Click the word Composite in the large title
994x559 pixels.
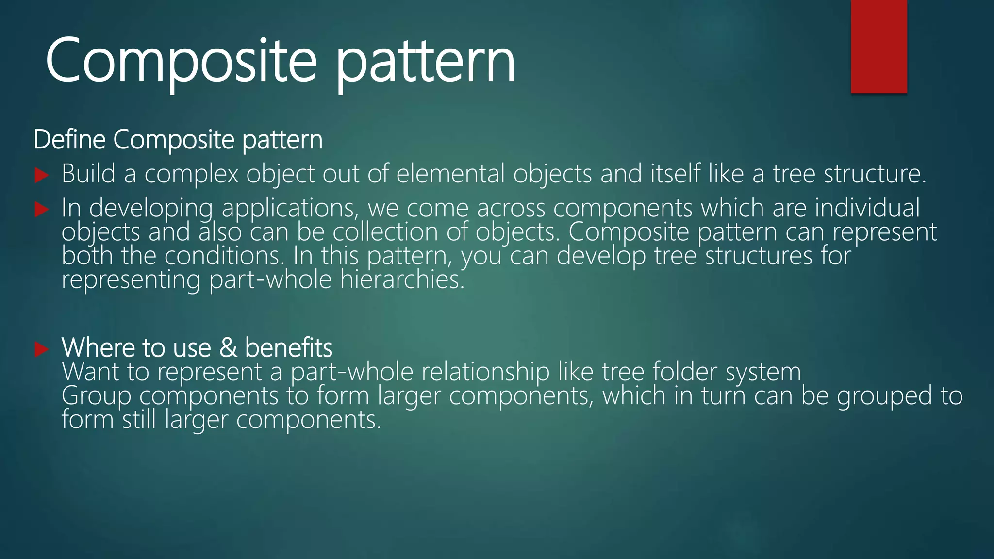pyautogui.click(x=181, y=61)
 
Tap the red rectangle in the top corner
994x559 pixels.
pyautogui.click(x=878, y=46)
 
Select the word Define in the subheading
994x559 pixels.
pyautogui.click(x=69, y=140)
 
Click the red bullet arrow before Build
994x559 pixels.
pyautogui.click(x=42, y=175)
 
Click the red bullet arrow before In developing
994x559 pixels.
pyautogui.click(x=42, y=210)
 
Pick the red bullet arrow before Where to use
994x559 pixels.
pyautogui.click(x=42, y=349)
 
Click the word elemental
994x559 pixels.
pyautogui.click(x=450, y=174)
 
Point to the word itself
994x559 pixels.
pyautogui.click(x=675, y=174)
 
